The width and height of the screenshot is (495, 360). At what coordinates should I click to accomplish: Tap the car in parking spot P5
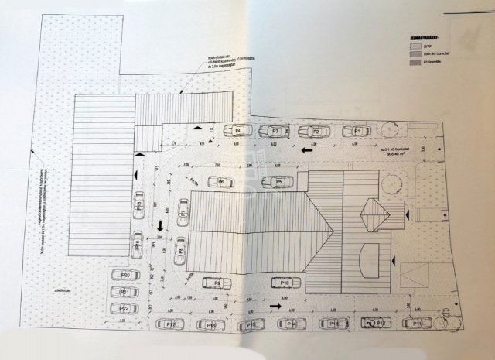(276, 182)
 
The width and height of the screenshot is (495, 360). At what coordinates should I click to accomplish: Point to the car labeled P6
(222, 183)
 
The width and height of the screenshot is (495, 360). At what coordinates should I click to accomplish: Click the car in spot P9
(218, 283)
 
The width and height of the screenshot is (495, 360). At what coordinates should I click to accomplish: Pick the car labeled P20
(125, 276)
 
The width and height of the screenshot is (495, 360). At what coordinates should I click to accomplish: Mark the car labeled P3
(275, 132)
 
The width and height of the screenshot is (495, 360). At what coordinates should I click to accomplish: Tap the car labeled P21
(125, 293)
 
